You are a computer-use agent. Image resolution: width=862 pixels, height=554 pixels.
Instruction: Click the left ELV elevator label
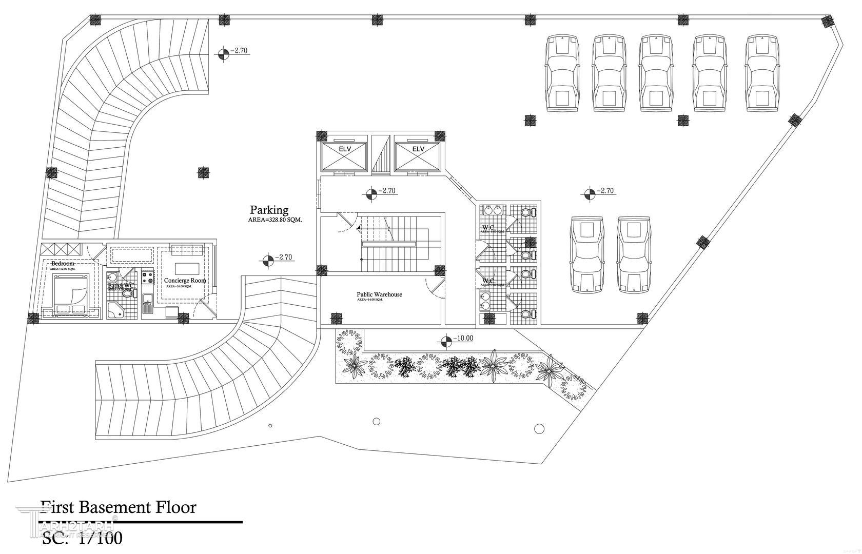click(344, 149)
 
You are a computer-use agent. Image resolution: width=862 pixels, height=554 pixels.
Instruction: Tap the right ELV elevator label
click(418, 149)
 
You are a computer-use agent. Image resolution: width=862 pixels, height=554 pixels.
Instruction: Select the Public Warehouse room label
click(379, 294)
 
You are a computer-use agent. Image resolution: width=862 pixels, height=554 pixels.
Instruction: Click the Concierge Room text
click(185, 281)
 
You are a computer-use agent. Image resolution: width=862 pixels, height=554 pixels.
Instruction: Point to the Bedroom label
click(63, 263)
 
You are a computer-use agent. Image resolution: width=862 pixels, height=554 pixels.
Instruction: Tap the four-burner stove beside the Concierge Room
click(148, 278)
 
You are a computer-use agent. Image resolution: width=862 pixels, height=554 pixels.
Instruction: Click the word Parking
click(269, 210)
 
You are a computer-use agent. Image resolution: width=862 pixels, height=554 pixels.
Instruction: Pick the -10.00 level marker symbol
click(446, 340)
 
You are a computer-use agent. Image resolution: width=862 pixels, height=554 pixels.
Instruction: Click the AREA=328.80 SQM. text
click(275, 220)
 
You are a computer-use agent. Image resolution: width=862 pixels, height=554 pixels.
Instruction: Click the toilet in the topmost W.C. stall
click(526, 212)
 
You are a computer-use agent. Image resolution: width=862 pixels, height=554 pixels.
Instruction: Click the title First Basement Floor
click(119, 508)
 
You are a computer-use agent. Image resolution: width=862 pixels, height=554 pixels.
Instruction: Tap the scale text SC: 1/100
click(82, 539)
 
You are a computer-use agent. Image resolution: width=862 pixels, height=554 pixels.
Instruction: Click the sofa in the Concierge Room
click(187, 250)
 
